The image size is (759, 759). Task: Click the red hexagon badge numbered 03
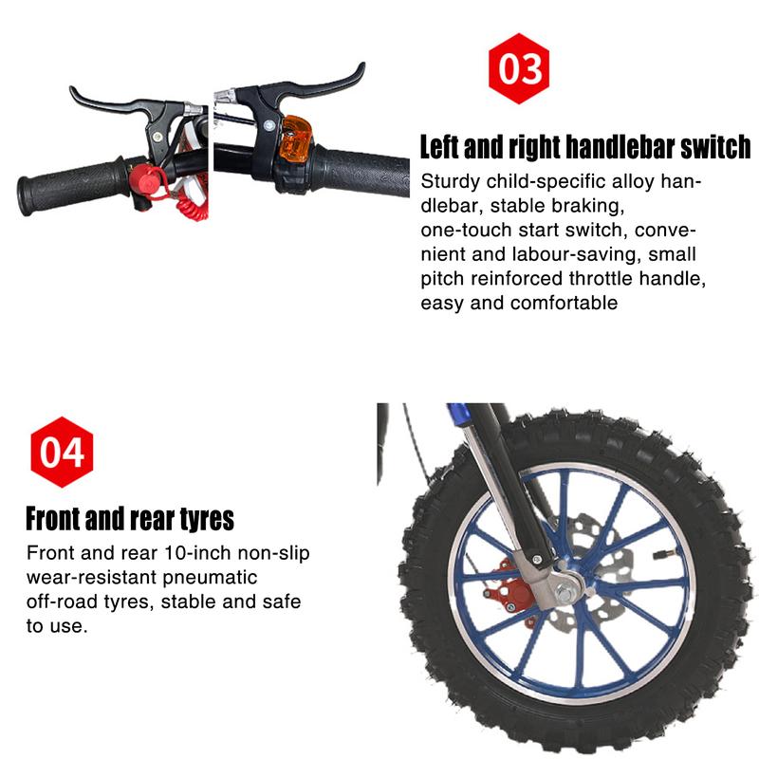point(519,68)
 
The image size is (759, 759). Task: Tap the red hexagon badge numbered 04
point(62,453)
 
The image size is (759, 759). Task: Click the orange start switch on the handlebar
point(295,139)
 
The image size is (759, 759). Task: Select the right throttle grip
point(360,171)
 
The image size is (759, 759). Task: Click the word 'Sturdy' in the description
point(450,182)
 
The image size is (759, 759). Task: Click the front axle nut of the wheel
point(567,592)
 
